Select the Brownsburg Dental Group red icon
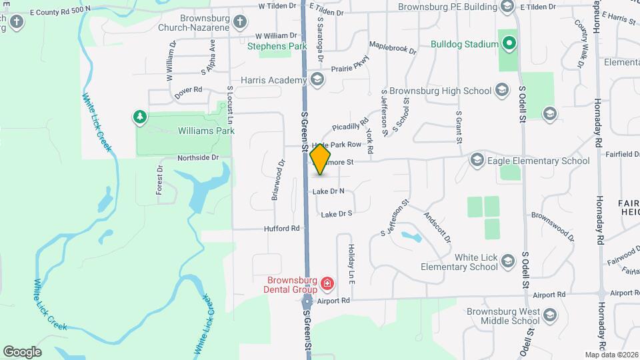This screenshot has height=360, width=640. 327,285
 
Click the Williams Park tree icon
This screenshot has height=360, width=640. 140,118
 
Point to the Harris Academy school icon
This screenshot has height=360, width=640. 316,81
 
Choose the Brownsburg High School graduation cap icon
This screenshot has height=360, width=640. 503,91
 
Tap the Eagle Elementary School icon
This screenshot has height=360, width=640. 477,160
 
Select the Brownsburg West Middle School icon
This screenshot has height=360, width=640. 550,315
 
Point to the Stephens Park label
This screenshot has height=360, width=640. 277,47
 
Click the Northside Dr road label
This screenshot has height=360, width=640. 198,158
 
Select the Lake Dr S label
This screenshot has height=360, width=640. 336,214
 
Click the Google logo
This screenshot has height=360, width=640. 22,351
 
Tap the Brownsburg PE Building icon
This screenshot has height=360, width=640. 507,7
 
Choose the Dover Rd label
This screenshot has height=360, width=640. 188,89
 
